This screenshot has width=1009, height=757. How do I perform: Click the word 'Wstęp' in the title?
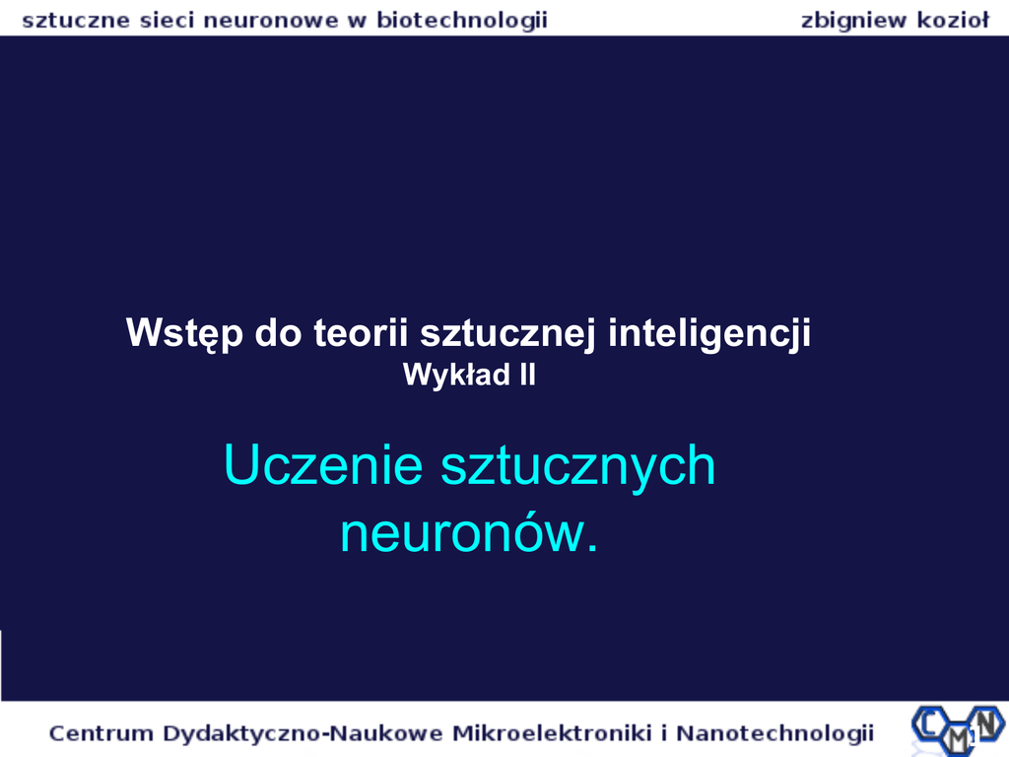coord(184,334)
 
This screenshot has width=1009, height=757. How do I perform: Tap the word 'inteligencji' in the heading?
coord(709,334)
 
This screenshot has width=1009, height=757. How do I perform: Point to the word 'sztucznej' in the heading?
coord(507,334)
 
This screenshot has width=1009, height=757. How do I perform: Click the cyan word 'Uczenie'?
coord(323,465)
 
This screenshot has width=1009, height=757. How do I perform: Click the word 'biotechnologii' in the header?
coord(462,21)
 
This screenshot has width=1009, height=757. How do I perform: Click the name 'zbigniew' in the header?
coord(853,22)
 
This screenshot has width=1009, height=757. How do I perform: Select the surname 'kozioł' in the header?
coord(953,21)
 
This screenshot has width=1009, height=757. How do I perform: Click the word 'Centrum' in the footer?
coord(101,733)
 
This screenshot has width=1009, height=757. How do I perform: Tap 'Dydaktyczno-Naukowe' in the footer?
coord(303,733)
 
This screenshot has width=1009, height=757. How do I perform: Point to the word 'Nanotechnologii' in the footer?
coord(774,733)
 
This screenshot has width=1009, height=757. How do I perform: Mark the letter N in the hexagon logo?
coord(986,721)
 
